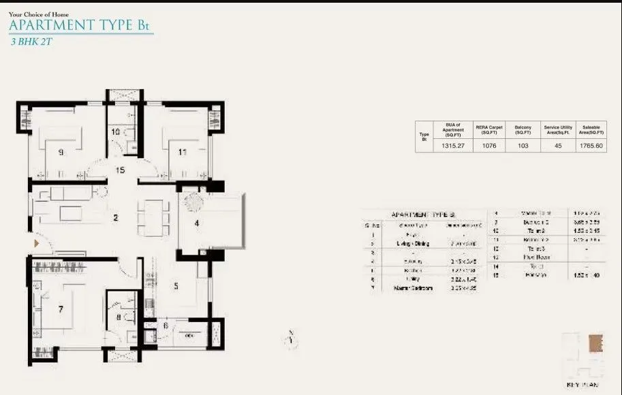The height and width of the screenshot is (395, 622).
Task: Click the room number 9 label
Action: tap(61, 153)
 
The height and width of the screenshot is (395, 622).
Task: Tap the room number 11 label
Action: tap(182, 153)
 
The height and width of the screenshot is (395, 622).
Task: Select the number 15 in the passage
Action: tap(120, 171)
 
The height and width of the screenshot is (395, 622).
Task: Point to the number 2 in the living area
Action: tap(116, 219)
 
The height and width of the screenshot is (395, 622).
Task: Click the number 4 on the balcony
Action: tap(197, 222)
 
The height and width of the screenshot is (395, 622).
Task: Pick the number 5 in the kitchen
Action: tap(176, 286)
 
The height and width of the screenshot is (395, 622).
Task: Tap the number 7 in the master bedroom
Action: tap(61, 310)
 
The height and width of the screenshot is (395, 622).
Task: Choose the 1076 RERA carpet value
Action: tap(488, 146)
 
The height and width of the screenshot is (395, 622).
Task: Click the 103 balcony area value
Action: tap(523, 146)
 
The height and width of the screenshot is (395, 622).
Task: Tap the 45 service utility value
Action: tap(558, 146)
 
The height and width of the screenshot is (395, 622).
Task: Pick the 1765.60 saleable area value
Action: tap(590, 146)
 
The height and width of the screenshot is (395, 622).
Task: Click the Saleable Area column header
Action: tap(590, 130)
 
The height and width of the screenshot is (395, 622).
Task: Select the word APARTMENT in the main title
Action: tap(48, 26)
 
